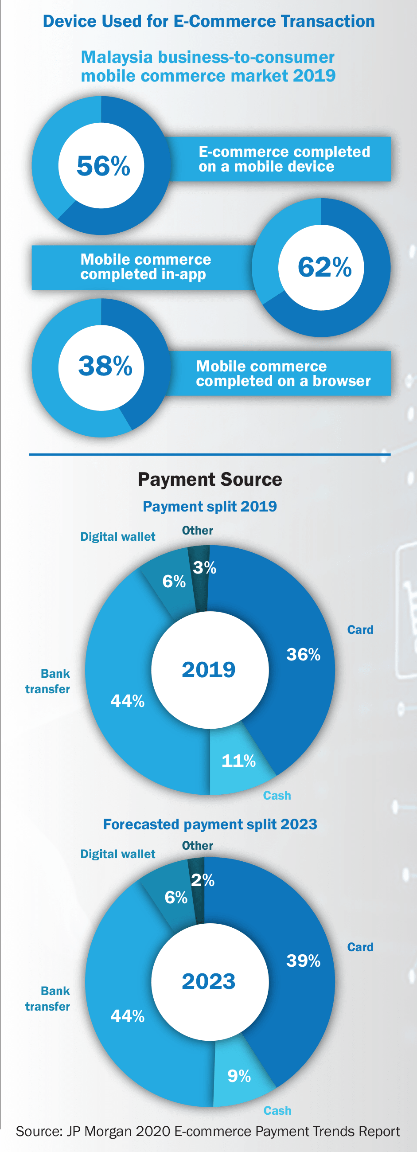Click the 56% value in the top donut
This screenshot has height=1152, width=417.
(x=103, y=166)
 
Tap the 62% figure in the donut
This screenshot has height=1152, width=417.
(x=324, y=267)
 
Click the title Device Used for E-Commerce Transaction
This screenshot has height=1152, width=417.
(x=209, y=21)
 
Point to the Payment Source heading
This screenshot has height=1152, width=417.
(x=210, y=480)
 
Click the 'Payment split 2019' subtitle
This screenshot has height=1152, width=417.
(x=210, y=506)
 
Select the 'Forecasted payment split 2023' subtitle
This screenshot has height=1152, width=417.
(x=210, y=824)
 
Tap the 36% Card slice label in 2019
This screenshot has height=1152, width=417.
(x=303, y=655)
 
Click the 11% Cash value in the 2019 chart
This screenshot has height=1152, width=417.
(x=238, y=761)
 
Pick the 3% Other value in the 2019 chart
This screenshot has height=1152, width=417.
(x=204, y=568)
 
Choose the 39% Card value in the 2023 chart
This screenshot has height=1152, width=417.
(x=303, y=961)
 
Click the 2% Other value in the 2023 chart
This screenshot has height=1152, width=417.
(x=203, y=880)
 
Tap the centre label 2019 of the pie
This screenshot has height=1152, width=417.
(x=208, y=669)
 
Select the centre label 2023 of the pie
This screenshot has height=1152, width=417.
(x=208, y=981)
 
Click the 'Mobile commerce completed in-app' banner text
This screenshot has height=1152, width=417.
(x=145, y=266)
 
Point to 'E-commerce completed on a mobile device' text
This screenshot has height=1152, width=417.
(x=284, y=159)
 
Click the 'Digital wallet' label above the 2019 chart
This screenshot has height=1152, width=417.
(x=117, y=537)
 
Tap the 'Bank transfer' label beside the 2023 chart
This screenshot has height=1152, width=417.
(x=48, y=999)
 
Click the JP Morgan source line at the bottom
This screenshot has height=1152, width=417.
(x=208, y=1131)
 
